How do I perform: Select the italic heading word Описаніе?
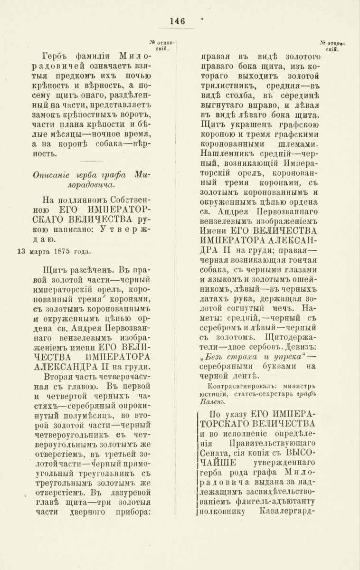click(51, 175)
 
